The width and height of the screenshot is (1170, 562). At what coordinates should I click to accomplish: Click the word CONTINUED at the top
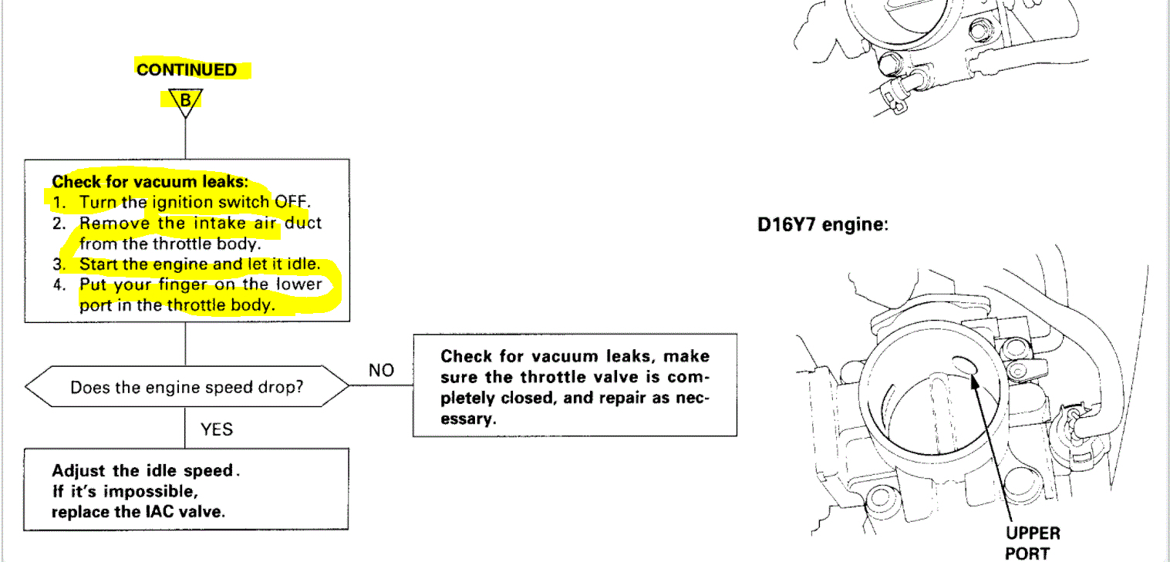pos(187,69)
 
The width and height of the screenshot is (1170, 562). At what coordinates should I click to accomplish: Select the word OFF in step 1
pos(292,203)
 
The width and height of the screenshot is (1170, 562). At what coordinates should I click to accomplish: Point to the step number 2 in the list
pos(59,224)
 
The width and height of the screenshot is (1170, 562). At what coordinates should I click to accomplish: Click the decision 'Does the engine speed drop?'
pos(187,387)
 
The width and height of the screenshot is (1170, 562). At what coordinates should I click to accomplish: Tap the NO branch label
pos(381,370)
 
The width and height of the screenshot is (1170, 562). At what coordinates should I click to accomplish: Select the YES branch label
pos(217,429)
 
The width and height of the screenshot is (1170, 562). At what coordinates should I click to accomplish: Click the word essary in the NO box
pos(467,419)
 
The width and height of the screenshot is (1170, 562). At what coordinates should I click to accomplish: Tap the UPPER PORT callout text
pos(1032,543)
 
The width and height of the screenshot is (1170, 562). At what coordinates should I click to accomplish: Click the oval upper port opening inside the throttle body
pos(964,365)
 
